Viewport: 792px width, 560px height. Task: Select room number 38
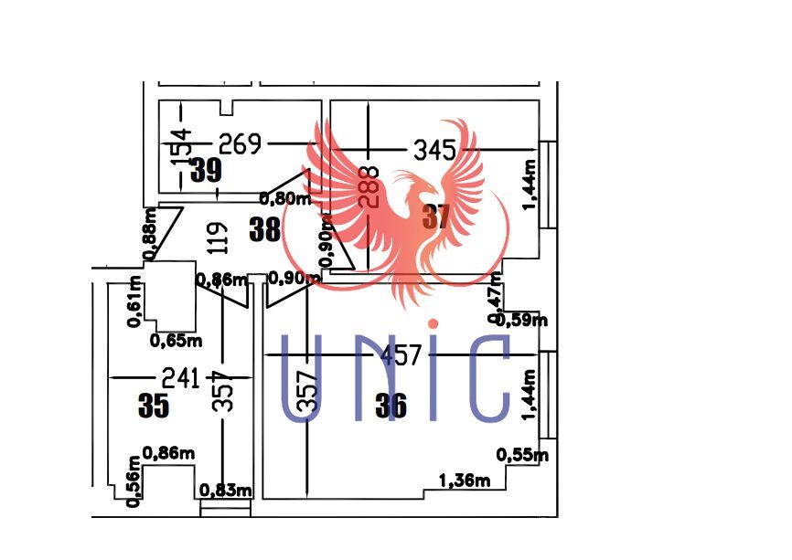[265, 228]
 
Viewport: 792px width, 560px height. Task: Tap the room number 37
[437, 217]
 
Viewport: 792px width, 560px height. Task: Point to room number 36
[391, 405]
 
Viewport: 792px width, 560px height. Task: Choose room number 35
[155, 406]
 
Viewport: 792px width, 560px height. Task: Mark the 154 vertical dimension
[181, 147]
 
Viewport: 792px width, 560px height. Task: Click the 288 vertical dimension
[368, 187]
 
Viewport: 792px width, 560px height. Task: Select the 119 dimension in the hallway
[216, 238]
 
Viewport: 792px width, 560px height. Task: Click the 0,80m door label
[285, 197]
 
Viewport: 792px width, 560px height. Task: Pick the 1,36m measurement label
[465, 481]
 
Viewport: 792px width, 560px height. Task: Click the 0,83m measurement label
[226, 491]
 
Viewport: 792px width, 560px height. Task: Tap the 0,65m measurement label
[175, 340]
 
